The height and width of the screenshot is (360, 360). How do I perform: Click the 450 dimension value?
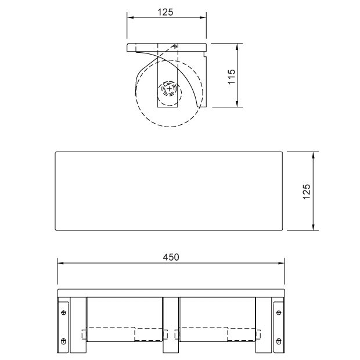point(171,257)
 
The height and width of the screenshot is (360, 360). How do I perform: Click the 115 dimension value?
point(232,77)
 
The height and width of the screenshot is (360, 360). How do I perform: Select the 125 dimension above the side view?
point(165,12)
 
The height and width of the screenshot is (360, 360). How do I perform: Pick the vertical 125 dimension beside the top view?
point(307,192)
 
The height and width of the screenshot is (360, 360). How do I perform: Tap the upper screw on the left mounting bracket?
point(64,312)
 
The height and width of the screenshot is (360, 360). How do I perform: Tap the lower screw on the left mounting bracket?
point(64,341)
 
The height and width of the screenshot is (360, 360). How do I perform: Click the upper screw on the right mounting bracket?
point(279,312)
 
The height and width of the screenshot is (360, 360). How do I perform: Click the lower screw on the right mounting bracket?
point(279,341)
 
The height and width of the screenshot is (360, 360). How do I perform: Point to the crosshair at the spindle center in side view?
point(169,89)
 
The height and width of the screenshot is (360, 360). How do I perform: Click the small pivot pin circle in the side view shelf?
point(175,46)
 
